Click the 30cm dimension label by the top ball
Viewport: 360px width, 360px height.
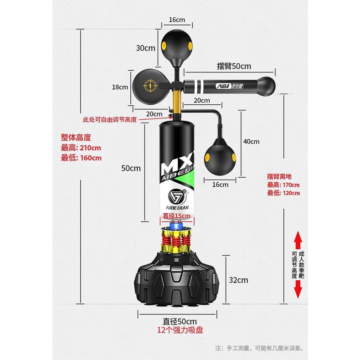[145, 47]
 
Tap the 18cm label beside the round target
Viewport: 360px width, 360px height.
[120, 87]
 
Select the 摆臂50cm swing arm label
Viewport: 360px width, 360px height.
[234, 66]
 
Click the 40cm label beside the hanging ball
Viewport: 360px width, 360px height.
[251, 141]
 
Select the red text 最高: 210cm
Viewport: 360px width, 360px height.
[81, 148]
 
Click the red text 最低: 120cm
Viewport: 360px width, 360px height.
[283, 193]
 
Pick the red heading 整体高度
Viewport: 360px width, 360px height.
[76, 137]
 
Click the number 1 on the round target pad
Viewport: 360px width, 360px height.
[147, 84]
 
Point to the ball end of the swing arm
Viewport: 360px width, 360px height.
[266, 85]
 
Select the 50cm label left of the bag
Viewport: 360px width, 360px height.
[131, 168]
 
